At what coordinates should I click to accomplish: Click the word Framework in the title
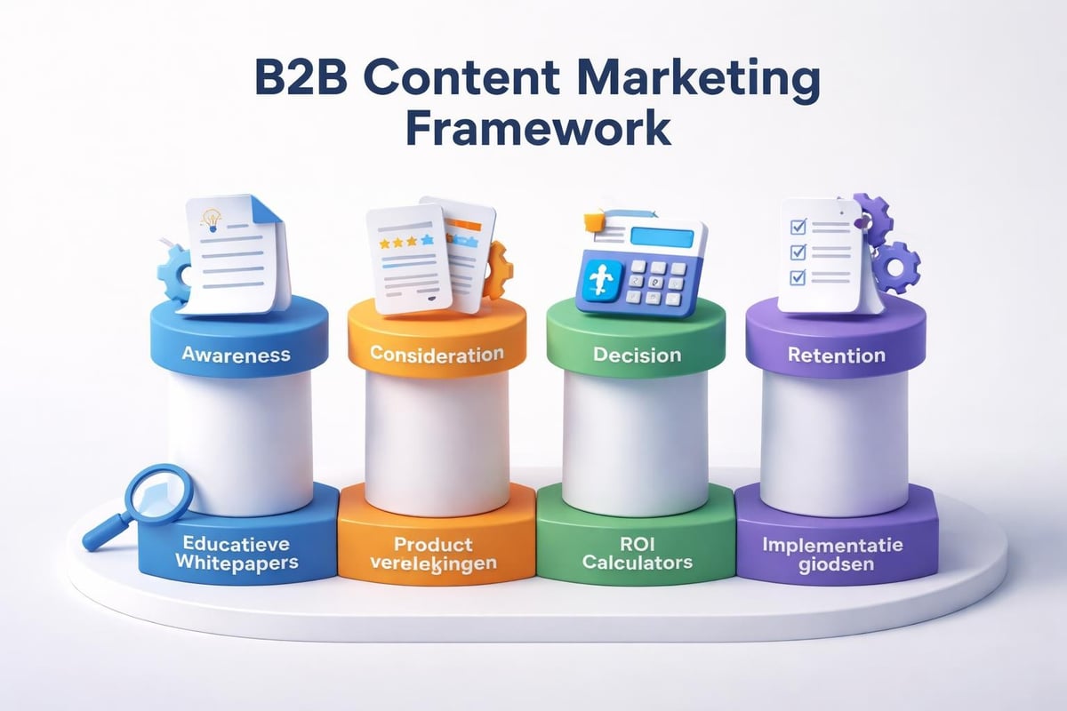[537, 128]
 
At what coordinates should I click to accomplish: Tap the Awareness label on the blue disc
[236, 354]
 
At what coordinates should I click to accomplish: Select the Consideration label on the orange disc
[437, 354]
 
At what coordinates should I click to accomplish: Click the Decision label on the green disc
[637, 355]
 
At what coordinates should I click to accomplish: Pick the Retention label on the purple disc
[837, 355]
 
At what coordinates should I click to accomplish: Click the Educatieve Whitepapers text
[239, 553]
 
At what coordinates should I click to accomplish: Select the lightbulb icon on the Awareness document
[212, 220]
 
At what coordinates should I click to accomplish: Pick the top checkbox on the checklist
[798, 228]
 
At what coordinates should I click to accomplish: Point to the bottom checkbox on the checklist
[798, 278]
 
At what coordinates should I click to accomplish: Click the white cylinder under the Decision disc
[636, 444]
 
